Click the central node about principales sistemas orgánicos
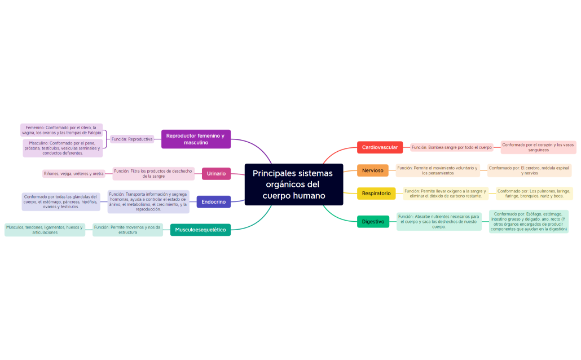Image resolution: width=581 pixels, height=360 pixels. (293, 185)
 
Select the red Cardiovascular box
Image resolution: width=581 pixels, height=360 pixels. (380, 147)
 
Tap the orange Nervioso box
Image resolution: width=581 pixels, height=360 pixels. (372, 170)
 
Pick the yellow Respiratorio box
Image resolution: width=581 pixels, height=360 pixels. (376, 194)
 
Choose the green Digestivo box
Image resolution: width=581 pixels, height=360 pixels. (373, 222)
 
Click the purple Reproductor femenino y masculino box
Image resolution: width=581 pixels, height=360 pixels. (196, 139)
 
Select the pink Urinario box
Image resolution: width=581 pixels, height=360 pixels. (216, 174)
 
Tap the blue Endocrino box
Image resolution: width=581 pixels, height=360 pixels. (213, 201)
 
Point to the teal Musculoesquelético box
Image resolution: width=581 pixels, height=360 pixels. (200, 230)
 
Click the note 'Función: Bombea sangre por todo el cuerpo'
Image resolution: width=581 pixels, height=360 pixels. (451, 147)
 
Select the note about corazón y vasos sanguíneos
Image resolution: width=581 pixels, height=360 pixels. (538, 147)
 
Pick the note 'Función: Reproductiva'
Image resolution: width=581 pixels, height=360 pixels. (132, 139)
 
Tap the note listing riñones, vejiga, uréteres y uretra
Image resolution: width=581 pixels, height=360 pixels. (74, 174)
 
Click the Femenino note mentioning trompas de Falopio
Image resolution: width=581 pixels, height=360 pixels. (61, 130)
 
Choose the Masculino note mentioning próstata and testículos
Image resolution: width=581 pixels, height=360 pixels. (63, 148)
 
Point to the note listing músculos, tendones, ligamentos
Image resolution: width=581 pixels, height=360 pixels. (44, 230)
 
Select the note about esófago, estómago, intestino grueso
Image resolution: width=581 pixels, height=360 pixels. (529, 222)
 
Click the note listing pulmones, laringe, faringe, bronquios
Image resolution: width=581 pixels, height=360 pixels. (534, 194)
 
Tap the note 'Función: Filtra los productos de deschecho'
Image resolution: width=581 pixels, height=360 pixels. (153, 174)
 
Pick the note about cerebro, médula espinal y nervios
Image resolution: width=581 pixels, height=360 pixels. (529, 170)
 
